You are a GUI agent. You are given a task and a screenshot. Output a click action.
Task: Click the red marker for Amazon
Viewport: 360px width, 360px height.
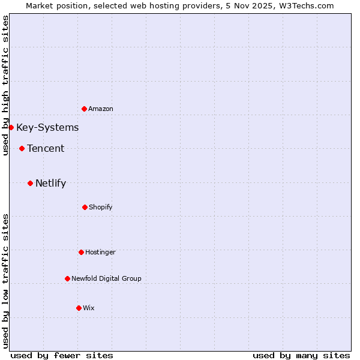click(x=84, y=109)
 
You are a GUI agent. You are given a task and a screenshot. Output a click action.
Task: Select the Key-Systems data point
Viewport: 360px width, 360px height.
click(x=11, y=127)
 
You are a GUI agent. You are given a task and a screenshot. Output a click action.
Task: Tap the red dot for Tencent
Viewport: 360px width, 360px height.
click(x=22, y=148)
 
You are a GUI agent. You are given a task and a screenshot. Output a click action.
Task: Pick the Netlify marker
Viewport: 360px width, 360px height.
click(x=30, y=183)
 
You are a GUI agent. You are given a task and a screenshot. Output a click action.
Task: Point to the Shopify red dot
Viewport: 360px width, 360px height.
click(x=85, y=207)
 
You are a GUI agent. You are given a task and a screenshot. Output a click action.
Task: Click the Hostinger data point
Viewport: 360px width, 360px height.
click(x=81, y=252)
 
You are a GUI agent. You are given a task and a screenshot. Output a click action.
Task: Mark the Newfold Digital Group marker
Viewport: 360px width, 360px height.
click(x=67, y=278)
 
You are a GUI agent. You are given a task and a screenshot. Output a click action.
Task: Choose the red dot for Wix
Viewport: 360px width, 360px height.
click(x=79, y=308)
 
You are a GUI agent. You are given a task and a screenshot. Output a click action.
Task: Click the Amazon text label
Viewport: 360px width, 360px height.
click(x=101, y=109)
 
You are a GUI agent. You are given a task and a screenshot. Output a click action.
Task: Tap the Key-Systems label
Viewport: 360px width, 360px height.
click(x=47, y=127)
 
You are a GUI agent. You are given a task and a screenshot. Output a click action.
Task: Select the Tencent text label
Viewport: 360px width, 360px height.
click(x=46, y=148)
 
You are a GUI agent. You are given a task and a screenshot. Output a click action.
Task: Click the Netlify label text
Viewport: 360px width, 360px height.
click(x=50, y=183)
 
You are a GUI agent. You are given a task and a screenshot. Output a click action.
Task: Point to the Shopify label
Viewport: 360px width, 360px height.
click(x=101, y=207)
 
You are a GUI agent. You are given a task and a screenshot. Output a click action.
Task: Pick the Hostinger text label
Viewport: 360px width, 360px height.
click(x=100, y=252)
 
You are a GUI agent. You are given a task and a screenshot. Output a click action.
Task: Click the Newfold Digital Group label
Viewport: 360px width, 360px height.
click(x=106, y=278)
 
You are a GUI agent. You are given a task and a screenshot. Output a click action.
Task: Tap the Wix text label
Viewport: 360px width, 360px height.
click(x=89, y=308)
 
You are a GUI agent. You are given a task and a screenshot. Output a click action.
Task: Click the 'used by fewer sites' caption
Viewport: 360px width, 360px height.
click(x=62, y=355)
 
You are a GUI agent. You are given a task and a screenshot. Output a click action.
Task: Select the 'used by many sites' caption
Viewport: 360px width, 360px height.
click(x=301, y=355)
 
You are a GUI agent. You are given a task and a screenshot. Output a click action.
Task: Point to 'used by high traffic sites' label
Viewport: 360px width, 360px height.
click(x=5, y=85)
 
